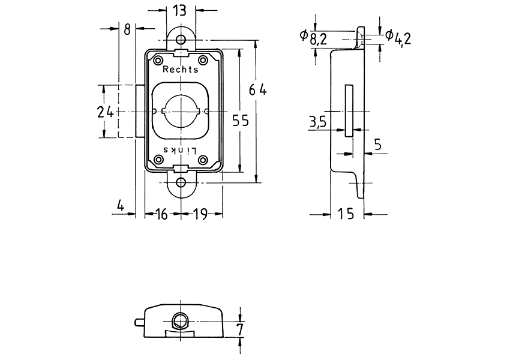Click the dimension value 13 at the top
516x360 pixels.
pyautogui.click(x=179, y=10)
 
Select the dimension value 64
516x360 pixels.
pyautogui.click(x=258, y=91)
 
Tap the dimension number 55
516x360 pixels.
pyautogui.click(x=240, y=121)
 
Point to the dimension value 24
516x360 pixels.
pyautogui.click(x=106, y=111)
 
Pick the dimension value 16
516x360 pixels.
pyautogui.click(x=161, y=214)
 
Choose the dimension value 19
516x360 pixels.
pyautogui.click(x=200, y=214)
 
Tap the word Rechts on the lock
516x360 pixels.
pyautogui.click(x=180, y=70)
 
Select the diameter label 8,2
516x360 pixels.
pyautogui.click(x=318, y=40)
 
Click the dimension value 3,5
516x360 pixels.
pyautogui.click(x=317, y=123)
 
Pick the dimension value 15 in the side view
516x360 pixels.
pyautogui.click(x=347, y=214)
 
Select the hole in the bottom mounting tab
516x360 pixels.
pyautogui.click(x=181, y=182)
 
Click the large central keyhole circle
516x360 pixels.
pyautogui.click(x=181, y=112)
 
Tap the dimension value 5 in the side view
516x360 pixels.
pyautogui.click(x=377, y=145)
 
